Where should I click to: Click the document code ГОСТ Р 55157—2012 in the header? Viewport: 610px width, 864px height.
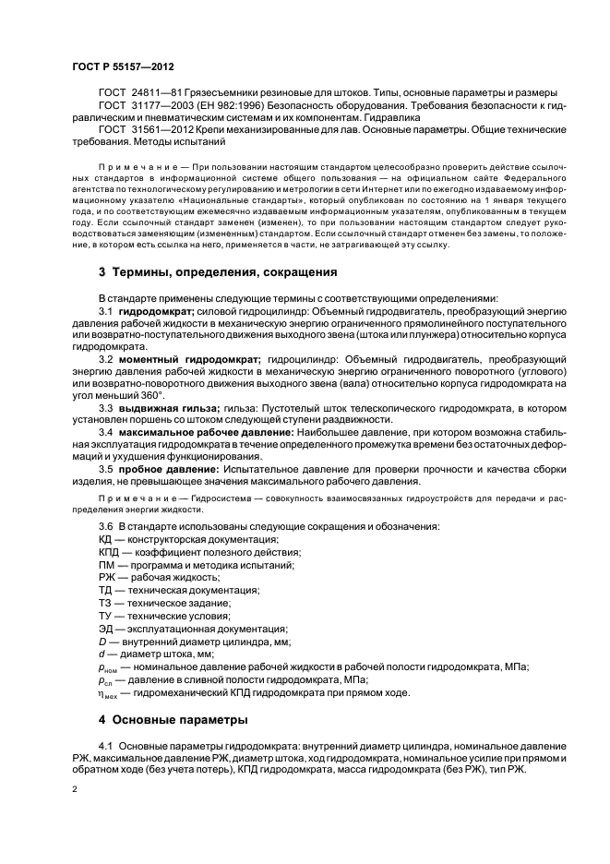pyautogui.click(x=123, y=67)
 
